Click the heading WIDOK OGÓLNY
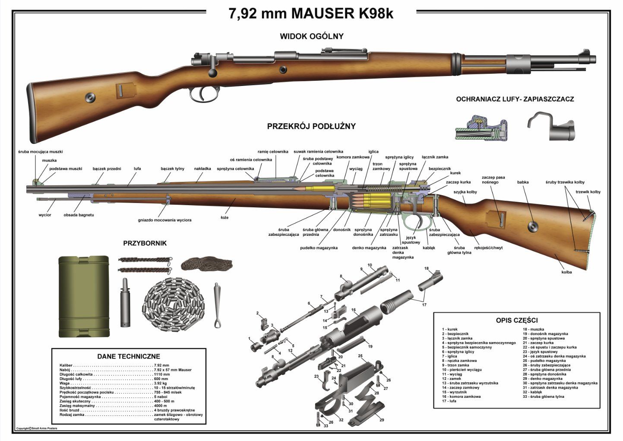point(311,36)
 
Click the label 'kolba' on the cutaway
point(566,272)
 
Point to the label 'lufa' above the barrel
point(137,168)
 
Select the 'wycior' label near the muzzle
point(44,215)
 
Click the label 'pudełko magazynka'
point(319,248)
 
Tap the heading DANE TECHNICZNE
point(128,356)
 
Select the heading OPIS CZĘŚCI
point(516,320)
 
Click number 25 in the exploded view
point(360,355)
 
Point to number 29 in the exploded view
point(381,420)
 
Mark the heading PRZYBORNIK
point(145,243)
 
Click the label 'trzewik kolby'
point(588,192)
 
